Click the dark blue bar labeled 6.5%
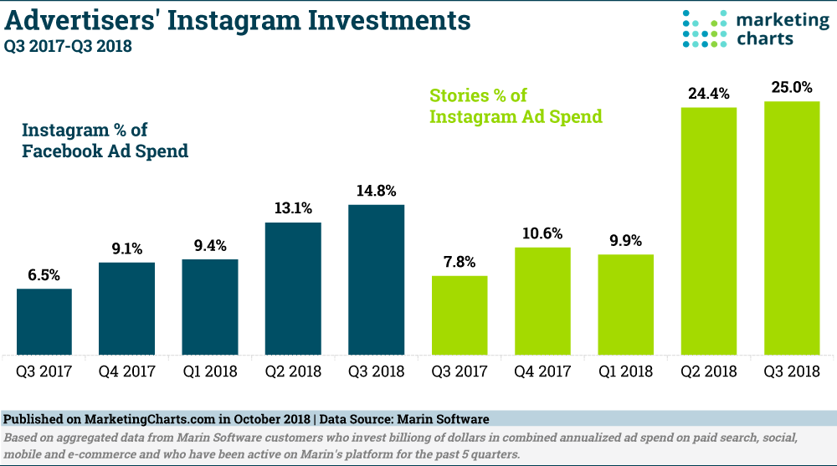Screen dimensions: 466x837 44,321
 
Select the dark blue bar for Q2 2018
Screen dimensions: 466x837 293,288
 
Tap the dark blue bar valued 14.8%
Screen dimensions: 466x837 376,279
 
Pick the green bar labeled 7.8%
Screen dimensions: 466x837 460,315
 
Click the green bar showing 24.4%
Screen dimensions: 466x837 709,230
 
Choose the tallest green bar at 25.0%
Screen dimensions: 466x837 792,228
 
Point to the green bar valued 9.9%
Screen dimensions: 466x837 625,304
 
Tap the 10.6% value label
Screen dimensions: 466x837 542,234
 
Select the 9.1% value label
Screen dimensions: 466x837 127,249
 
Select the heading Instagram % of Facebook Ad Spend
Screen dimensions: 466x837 105,141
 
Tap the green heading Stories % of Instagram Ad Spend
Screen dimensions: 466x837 516,106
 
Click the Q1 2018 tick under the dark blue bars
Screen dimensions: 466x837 209,369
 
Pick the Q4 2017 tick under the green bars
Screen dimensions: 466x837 542,369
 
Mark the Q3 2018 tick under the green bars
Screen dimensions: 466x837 792,369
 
